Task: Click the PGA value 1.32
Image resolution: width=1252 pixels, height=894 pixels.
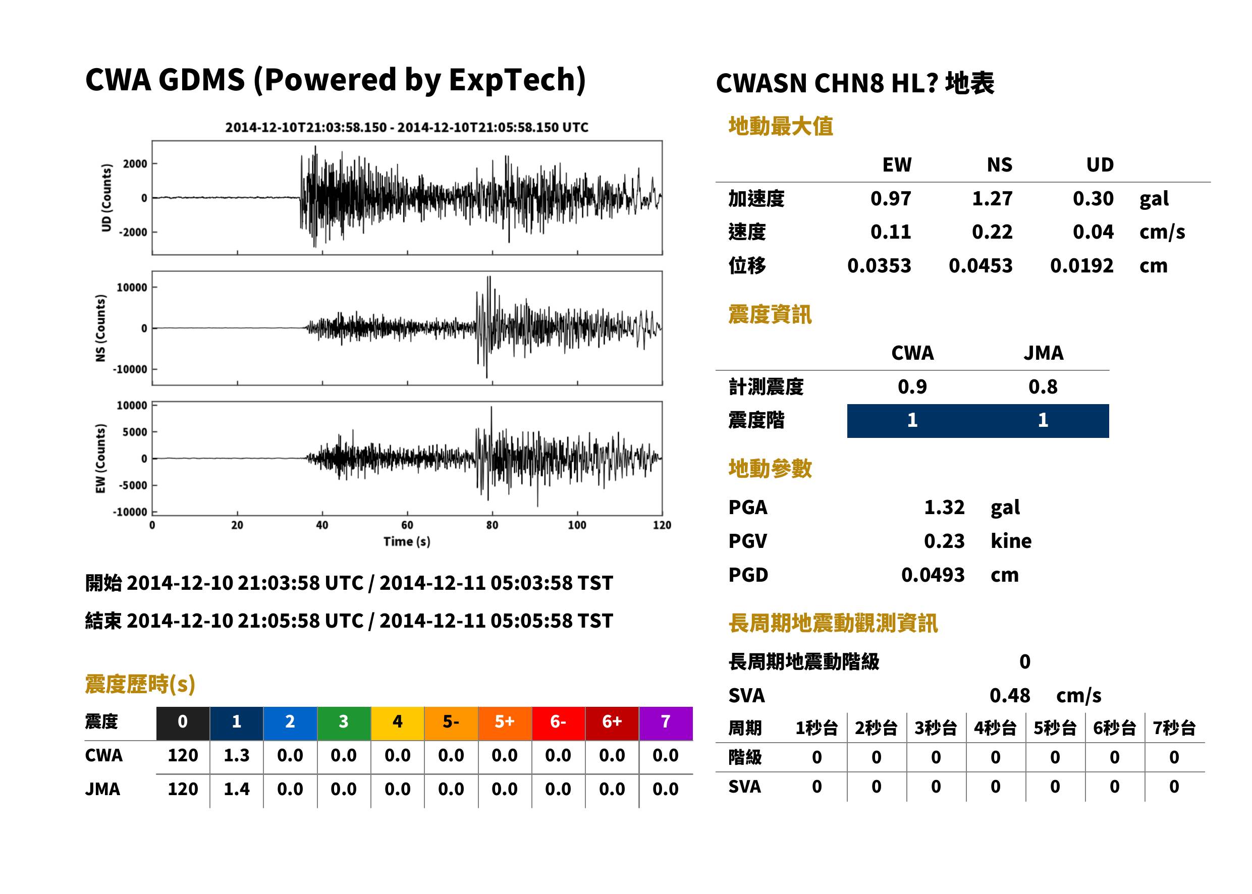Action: click(x=944, y=507)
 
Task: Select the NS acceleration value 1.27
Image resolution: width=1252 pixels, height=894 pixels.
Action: click(x=992, y=198)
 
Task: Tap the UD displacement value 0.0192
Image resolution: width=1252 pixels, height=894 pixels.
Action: click(x=1081, y=265)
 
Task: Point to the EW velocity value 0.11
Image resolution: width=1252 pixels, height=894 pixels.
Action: click(x=890, y=232)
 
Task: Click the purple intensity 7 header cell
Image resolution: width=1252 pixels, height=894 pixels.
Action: click(x=666, y=723)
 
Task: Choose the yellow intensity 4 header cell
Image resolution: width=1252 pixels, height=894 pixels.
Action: click(x=398, y=723)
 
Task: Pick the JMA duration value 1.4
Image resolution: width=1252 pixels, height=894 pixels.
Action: click(x=236, y=789)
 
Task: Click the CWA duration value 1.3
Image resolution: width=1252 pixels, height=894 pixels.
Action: click(x=236, y=755)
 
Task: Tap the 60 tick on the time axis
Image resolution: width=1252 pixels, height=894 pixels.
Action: click(x=407, y=525)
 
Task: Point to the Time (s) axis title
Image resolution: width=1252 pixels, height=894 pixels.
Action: click(x=407, y=542)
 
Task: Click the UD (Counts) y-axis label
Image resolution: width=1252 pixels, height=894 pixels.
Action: click(x=106, y=198)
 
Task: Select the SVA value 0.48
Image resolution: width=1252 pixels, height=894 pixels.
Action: click(x=1009, y=695)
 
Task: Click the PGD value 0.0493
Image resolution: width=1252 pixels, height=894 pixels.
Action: click(x=933, y=575)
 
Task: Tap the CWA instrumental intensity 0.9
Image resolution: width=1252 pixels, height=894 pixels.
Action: click(x=912, y=386)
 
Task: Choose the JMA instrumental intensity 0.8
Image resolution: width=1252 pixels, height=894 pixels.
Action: click(x=1043, y=386)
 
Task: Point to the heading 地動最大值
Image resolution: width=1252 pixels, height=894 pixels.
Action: click(x=781, y=126)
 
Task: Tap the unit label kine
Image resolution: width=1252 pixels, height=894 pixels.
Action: click(x=1011, y=540)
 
